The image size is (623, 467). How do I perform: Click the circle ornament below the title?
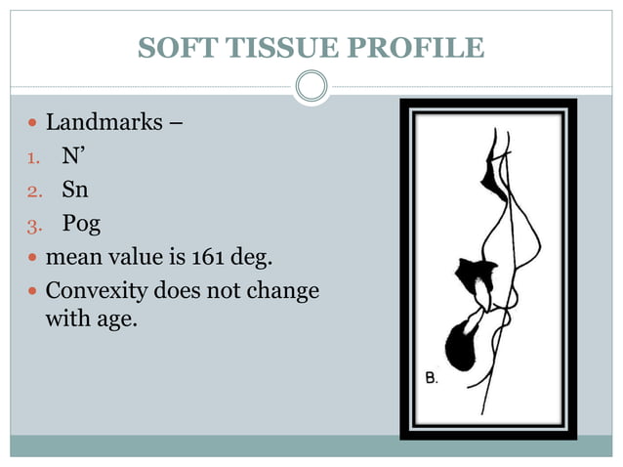311,87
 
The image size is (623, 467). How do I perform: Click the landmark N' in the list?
71,157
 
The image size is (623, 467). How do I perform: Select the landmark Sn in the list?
75,191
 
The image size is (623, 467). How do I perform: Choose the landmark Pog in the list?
81,225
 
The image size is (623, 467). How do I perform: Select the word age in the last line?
114,318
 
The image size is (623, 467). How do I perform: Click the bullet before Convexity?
33,292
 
